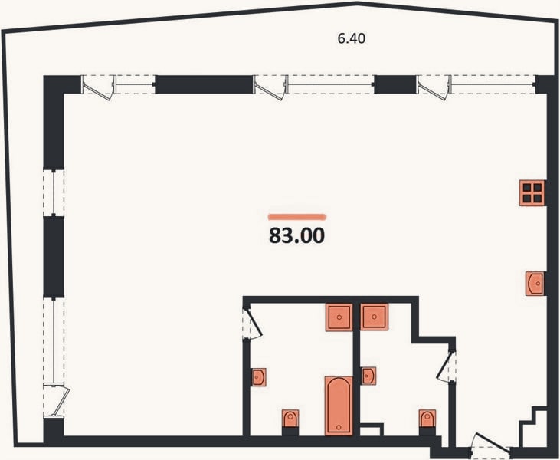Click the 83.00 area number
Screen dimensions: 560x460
pyautogui.click(x=296, y=236)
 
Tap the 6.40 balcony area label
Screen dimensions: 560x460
pyautogui.click(x=352, y=38)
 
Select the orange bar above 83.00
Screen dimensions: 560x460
pyautogui.click(x=297, y=216)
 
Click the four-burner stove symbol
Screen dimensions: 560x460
pyautogui.click(x=532, y=193)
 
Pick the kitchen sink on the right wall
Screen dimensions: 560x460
pyautogui.click(x=535, y=284)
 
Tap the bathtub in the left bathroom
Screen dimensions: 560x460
pyautogui.click(x=339, y=406)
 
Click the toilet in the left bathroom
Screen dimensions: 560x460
pyautogui.click(x=290, y=419)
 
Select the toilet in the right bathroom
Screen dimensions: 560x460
pyautogui.click(x=427, y=419)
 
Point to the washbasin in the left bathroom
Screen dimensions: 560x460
pyautogui.click(x=258, y=377)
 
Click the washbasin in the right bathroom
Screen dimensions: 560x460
pyautogui.click(x=368, y=376)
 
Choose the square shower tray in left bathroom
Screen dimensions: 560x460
pyautogui.click(x=339, y=317)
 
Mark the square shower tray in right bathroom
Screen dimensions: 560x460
pyautogui.click(x=374, y=317)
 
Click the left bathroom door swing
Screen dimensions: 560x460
pyautogui.click(x=254, y=324)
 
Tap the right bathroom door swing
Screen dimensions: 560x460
pyautogui.click(x=446, y=365)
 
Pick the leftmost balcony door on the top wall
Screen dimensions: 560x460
pyautogui.click(x=98, y=87)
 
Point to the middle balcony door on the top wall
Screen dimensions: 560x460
pyautogui.click(x=270, y=87)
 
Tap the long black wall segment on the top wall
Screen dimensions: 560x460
pyautogui.click(x=204, y=84)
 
